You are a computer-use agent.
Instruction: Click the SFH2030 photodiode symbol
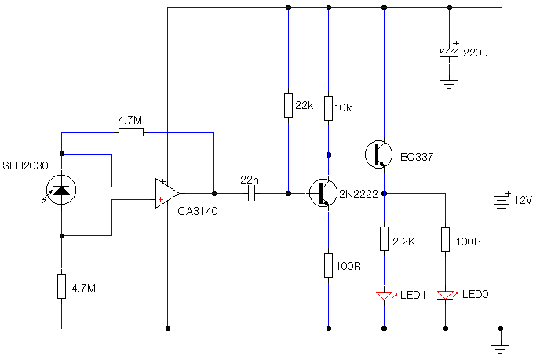click(61, 187)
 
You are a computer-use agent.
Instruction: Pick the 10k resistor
click(328, 107)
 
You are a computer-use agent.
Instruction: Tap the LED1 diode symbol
click(384, 296)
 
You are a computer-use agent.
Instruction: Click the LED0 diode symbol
click(445, 296)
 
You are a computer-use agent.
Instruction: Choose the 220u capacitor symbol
click(448, 53)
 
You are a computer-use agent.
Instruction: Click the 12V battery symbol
click(500, 200)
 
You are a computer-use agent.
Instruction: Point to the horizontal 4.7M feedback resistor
click(131, 132)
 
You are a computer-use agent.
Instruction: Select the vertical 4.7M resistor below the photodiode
click(61, 286)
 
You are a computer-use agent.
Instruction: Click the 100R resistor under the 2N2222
click(328, 265)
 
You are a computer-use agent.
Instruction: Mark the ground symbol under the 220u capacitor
click(448, 83)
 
